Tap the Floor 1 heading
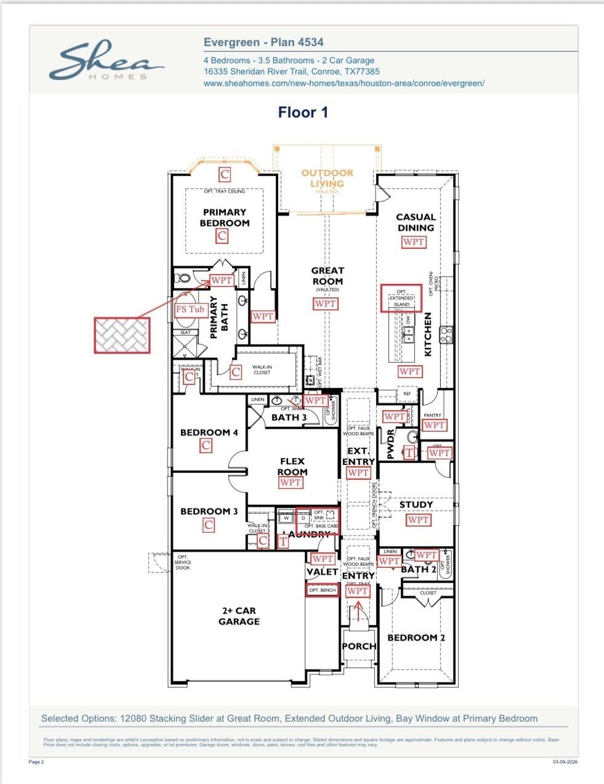[x=303, y=112]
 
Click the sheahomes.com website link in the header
[x=344, y=83]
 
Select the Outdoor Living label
[x=327, y=179]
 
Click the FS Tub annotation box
[x=190, y=309]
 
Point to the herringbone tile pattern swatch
[x=122, y=335]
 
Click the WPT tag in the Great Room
[x=325, y=304]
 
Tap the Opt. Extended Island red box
[x=401, y=298]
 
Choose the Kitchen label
[x=428, y=334]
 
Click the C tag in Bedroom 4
[x=206, y=445]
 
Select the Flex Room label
[x=292, y=466]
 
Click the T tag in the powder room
[x=409, y=453]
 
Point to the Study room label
[x=416, y=504]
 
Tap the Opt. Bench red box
[x=323, y=590]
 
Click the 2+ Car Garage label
[x=239, y=616]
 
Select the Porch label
[x=359, y=646]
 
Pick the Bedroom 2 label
[x=416, y=637]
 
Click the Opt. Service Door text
[x=183, y=562]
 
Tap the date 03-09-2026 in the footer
[x=565, y=762]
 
